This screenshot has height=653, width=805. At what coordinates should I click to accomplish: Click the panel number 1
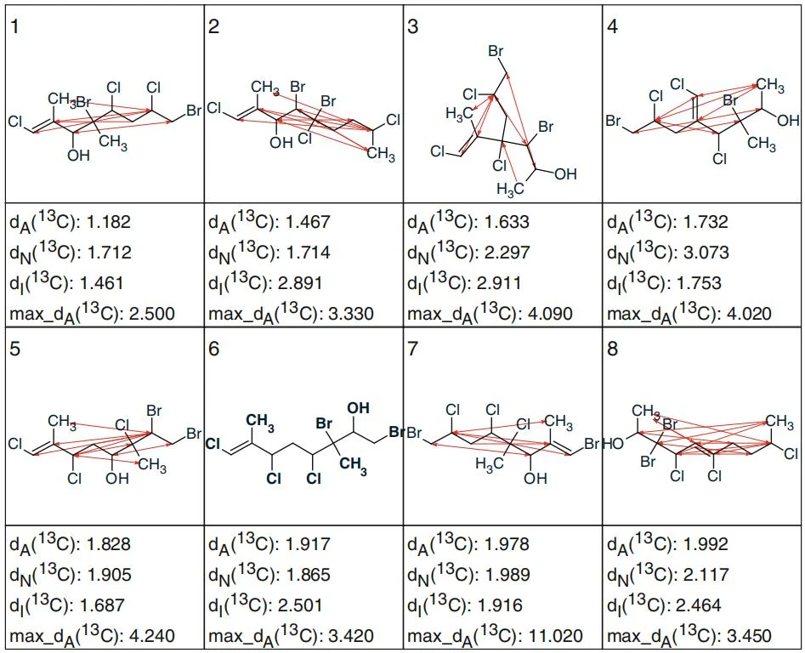click(15, 26)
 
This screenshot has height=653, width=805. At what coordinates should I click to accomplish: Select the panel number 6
click(214, 349)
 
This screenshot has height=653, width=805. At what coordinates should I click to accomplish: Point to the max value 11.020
click(552, 637)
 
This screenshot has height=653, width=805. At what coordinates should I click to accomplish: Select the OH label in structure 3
click(565, 174)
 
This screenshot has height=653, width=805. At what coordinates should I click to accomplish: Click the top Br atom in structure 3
click(496, 51)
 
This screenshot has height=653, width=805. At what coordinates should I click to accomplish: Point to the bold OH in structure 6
click(359, 408)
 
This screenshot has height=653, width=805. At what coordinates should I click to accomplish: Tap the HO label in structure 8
click(614, 443)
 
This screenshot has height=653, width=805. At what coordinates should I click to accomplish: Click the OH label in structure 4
click(788, 121)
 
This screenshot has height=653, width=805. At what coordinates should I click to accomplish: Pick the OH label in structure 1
click(78, 155)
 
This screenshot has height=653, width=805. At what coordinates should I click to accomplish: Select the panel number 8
click(613, 349)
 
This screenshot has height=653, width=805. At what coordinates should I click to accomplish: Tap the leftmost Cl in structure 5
click(15, 444)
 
